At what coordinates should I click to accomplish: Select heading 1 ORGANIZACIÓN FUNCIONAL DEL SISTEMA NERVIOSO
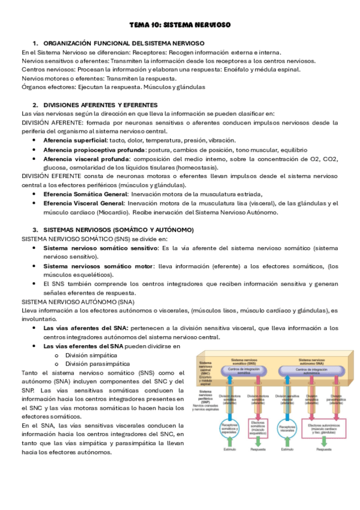pos(124,43)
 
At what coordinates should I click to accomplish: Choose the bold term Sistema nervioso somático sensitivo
pos(99,247)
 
